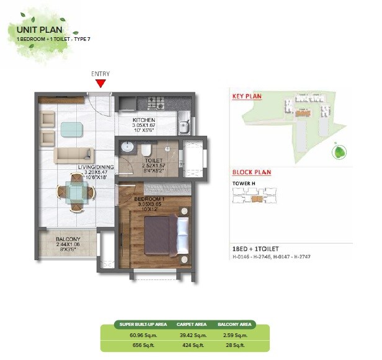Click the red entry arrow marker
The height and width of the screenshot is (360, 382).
click(100, 83)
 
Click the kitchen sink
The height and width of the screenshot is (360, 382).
click(183, 128)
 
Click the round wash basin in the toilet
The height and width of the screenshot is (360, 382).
click(126, 147)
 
